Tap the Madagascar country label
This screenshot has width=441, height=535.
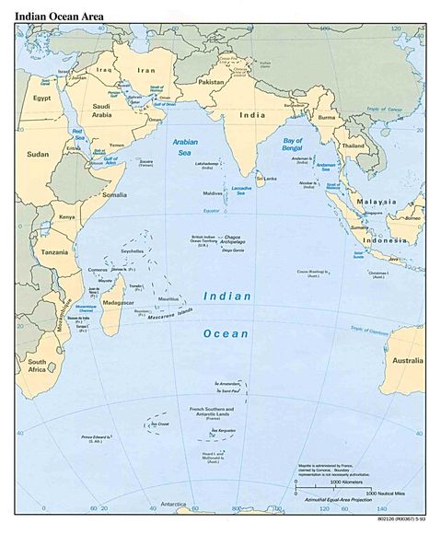116,303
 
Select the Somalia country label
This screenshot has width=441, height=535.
115,194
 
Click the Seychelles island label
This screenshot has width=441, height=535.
133,250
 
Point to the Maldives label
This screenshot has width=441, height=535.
213,193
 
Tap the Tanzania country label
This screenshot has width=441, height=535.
53,251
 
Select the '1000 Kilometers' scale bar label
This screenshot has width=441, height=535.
350,482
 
